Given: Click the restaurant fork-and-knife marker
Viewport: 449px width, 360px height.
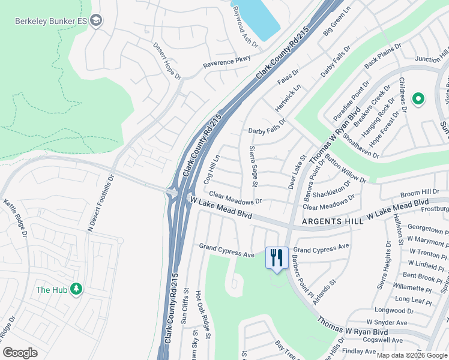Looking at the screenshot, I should [x=277, y=259].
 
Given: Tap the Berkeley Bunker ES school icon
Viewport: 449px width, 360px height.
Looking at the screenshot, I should [x=96, y=21].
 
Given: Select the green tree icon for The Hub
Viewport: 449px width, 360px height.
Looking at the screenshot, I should [x=76, y=290].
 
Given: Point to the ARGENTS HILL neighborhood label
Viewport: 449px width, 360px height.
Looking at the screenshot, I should [x=333, y=221].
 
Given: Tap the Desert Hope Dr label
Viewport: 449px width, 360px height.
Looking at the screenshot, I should [x=167, y=61].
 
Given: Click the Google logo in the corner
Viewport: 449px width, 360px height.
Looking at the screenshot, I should [x=20, y=353].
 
